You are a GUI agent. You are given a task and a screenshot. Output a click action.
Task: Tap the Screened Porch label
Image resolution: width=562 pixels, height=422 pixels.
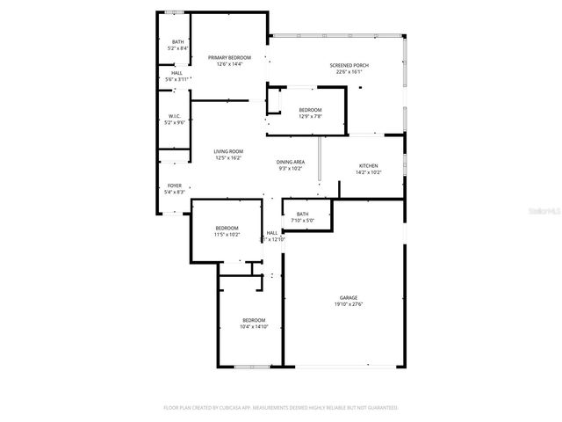[x=349, y=66]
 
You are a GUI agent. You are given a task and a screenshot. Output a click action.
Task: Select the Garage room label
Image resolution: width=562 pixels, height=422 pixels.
[x=349, y=298]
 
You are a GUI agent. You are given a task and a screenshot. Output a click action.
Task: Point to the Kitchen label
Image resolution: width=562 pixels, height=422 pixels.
[x=368, y=166]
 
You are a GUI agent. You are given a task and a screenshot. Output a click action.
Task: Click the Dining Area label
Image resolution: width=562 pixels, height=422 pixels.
[x=291, y=162]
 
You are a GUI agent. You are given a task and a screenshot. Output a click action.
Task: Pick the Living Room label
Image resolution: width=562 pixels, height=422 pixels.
[x=228, y=151]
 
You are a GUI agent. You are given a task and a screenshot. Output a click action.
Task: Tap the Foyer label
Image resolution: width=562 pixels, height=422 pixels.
[x=176, y=186]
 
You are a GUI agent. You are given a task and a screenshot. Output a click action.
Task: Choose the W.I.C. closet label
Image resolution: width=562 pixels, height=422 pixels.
[x=176, y=116]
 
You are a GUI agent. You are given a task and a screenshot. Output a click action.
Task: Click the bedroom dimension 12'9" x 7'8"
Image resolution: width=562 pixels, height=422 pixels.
[x=310, y=116]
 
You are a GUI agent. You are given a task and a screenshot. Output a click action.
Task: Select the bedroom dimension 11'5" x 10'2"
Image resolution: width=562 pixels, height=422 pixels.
[x=227, y=235]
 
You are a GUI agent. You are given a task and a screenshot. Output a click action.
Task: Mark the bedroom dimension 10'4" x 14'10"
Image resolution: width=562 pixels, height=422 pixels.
[x=254, y=327]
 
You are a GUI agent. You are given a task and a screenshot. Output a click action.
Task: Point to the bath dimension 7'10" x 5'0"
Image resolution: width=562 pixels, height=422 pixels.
[x=303, y=221]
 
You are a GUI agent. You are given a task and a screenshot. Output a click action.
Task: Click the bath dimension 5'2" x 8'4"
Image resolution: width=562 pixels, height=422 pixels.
[x=178, y=48]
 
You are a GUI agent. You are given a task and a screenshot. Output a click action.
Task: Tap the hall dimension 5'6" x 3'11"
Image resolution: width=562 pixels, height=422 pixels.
[x=177, y=79]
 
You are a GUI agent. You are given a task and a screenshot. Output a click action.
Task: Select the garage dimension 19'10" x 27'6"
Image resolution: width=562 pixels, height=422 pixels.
[x=349, y=305]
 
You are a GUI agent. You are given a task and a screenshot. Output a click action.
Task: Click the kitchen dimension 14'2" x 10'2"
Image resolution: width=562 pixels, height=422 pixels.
[x=368, y=173]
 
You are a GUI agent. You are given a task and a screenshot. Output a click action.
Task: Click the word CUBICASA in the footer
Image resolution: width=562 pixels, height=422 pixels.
[x=226, y=408]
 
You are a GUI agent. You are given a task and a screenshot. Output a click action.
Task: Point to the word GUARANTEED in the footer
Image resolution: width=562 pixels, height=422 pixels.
[x=379, y=408]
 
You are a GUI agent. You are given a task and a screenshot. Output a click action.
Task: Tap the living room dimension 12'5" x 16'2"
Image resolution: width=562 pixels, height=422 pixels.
[x=228, y=158]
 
